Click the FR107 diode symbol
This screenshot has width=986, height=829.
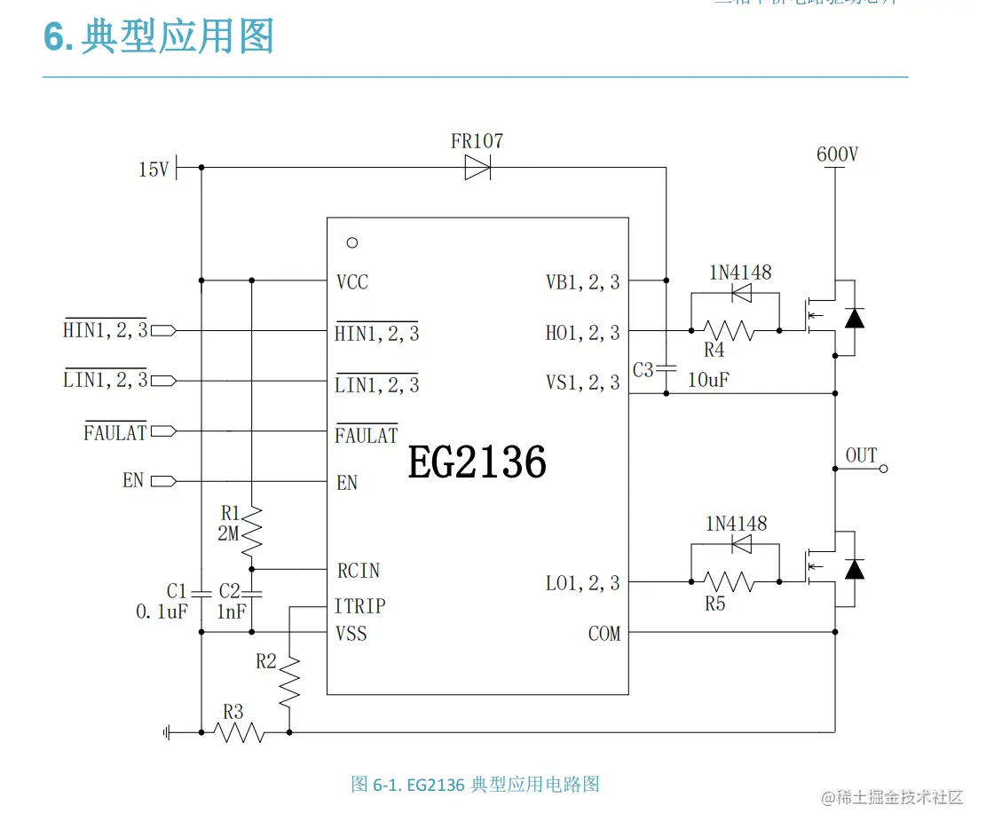click(477, 167)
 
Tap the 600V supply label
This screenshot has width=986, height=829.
click(837, 154)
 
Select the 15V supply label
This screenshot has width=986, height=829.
click(154, 169)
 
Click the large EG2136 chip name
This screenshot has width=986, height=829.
click(477, 462)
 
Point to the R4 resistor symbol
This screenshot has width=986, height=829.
click(730, 330)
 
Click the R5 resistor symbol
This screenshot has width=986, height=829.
click(730, 582)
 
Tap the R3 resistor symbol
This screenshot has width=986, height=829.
click(241, 732)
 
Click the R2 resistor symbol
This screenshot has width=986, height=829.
click(290, 681)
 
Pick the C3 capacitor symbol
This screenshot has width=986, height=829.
click(666, 368)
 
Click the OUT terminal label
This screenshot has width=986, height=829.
click(861, 455)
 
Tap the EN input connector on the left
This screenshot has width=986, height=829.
click(163, 481)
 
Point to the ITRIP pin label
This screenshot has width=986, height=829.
click(359, 606)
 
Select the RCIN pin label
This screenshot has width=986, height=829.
click(359, 570)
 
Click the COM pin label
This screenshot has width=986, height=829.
click(604, 634)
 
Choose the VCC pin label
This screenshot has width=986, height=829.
click(352, 282)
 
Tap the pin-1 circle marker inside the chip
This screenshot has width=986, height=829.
click(352, 242)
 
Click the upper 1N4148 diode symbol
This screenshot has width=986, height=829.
click(740, 293)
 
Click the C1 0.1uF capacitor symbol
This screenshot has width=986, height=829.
click(201, 592)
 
